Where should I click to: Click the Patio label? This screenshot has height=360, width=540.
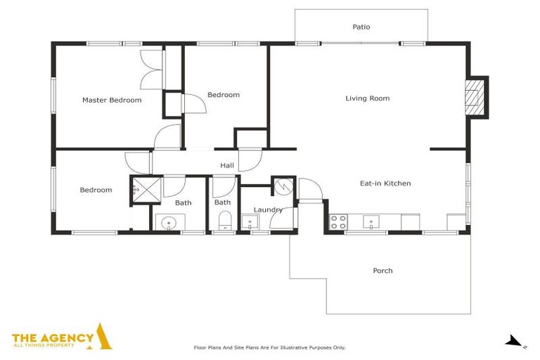click(x=361, y=27)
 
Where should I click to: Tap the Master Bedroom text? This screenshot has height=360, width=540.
click(x=112, y=101)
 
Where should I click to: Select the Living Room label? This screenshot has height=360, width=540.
click(x=367, y=98)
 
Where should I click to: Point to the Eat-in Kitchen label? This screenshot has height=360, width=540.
click(x=385, y=184)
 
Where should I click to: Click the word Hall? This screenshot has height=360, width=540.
click(x=227, y=166)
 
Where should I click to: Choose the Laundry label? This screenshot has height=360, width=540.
click(x=268, y=210)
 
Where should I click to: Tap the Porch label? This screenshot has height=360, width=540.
click(x=382, y=271)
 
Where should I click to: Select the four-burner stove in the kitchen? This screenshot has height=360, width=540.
click(x=338, y=222)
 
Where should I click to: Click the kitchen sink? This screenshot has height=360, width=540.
click(x=371, y=222)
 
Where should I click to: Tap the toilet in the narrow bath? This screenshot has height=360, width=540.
click(x=224, y=224)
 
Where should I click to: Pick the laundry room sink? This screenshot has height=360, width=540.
click(x=250, y=224)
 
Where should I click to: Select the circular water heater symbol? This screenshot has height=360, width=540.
click(x=283, y=187)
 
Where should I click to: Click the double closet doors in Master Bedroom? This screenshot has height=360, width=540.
click(x=152, y=70)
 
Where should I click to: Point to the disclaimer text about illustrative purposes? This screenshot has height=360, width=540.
click(x=269, y=347)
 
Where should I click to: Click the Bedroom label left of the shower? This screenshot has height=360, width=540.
click(x=96, y=190)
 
